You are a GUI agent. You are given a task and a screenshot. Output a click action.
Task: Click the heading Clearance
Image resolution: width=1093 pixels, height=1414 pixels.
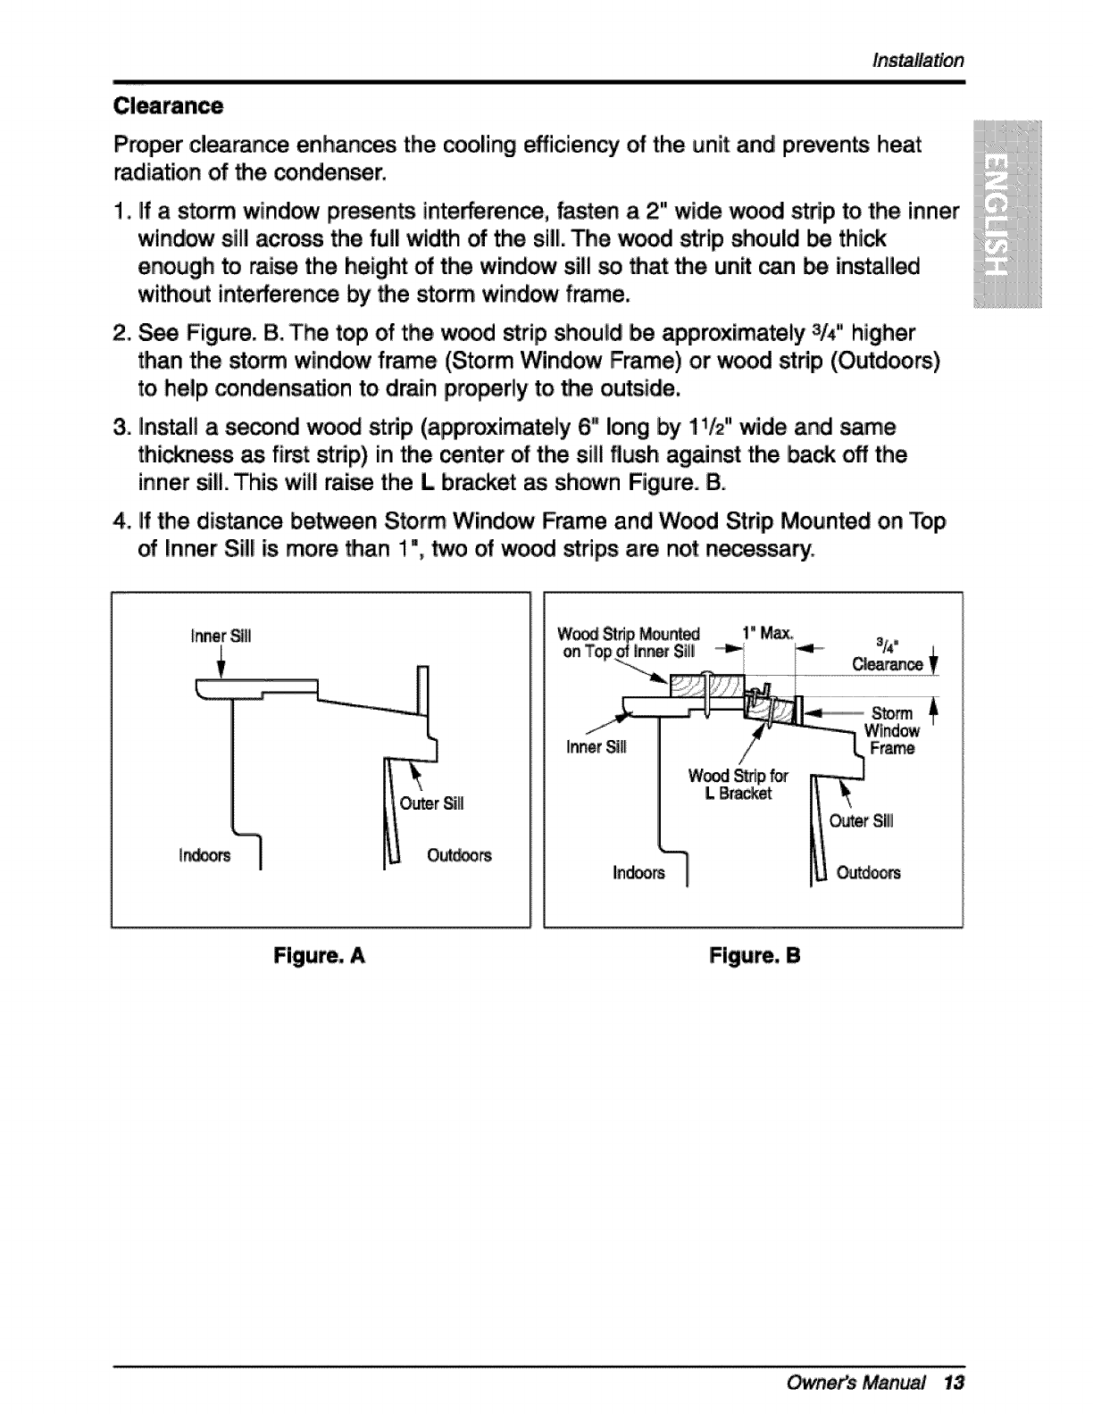[168, 106]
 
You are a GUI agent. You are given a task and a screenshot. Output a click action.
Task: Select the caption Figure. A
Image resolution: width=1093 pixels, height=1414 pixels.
[320, 956]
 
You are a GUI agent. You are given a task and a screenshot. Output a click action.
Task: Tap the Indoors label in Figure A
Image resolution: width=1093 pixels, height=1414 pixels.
[204, 855]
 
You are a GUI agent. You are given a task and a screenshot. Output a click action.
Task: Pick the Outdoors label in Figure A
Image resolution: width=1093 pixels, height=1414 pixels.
[459, 855]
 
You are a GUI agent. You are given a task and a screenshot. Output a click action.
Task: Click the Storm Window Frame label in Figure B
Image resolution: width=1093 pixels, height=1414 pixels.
[890, 730]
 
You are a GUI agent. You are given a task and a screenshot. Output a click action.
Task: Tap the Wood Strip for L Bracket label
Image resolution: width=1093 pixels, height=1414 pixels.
[738, 785]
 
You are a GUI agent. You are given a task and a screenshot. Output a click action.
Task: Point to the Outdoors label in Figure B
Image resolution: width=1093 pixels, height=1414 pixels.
[868, 873]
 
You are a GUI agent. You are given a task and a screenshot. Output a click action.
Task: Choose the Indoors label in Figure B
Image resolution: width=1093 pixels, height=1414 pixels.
[638, 873]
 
